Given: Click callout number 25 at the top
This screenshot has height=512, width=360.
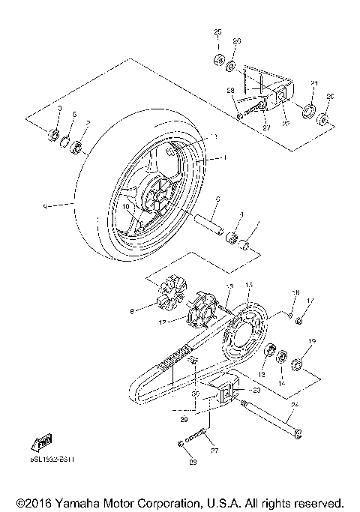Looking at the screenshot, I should tap(218, 31).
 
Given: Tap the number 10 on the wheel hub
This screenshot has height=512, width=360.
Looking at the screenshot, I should tap(127, 204).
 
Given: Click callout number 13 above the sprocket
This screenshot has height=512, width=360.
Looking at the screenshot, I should tap(250, 286).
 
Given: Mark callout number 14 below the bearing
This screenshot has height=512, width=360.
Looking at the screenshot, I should tap(283, 382).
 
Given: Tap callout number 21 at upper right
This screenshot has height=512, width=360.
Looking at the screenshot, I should tap(315, 82).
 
